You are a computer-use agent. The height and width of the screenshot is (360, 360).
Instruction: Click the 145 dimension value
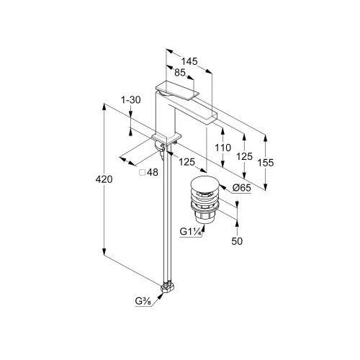(x=189, y=61)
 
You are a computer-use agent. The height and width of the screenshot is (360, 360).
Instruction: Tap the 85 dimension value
(x=180, y=73)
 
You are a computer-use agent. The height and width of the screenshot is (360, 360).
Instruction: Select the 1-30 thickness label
(x=130, y=100)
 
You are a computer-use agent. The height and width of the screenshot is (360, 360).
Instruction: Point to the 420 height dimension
(x=104, y=179)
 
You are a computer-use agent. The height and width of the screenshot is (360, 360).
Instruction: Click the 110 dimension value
(x=222, y=148)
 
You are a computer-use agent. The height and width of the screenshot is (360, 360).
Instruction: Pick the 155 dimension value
(x=265, y=163)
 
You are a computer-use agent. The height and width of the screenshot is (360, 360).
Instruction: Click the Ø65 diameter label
(x=242, y=188)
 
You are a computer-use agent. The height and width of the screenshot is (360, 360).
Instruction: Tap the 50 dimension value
(x=237, y=241)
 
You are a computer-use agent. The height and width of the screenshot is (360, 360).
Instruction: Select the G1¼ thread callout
(x=190, y=232)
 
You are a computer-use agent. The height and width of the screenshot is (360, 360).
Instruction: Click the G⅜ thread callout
(x=143, y=301)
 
